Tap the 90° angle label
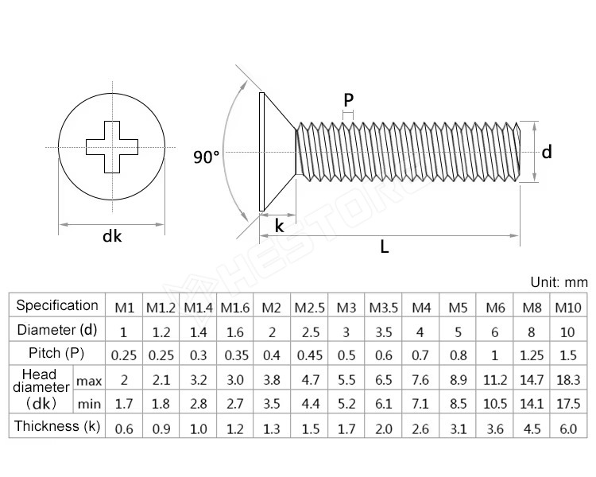tap(206, 157)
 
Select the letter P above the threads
tap(348, 100)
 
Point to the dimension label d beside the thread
tap(547, 152)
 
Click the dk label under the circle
tap(112, 236)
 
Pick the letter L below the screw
tap(385, 247)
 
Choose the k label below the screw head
tap(279, 226)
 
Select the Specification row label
tap(57, 305)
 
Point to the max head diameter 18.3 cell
tap(567, 379)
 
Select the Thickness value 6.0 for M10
tap(567, 429)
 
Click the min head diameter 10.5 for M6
tap(495, 404)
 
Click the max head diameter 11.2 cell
tap(495, 379)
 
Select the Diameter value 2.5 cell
tap(308, 331)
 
